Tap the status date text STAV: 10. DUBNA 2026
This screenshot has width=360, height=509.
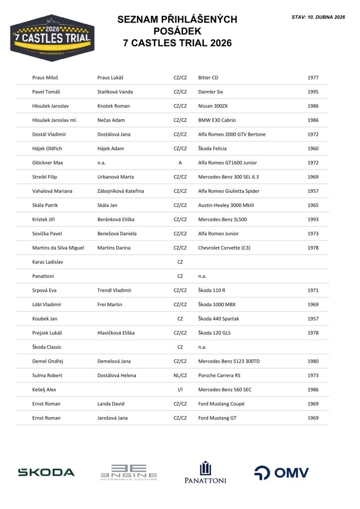click(318, 17)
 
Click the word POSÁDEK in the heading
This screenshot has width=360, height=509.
click(177, 31)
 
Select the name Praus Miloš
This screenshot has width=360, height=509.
click(45, 78)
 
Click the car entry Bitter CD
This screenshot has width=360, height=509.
click(208, 78)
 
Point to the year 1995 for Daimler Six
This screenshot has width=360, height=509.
click(313, 92)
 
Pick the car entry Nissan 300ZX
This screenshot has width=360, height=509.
click(213, 106)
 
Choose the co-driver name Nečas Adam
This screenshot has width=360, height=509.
click(111, 120)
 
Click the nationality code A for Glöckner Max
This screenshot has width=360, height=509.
click(180, 163)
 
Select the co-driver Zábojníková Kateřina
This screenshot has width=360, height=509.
click(121, 191)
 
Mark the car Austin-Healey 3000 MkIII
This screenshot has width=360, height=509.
click(226, 205)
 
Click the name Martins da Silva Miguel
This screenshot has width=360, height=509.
click(58, 248)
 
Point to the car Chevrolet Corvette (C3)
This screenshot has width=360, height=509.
click(224, 248)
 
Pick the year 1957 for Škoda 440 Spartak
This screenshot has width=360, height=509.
click(313, 319)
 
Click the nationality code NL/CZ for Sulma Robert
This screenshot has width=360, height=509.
click(180, 375)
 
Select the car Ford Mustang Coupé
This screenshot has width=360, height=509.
click(221, 404)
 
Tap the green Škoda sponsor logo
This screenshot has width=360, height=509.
click(46, 472)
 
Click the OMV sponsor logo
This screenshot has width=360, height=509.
click(281, 473)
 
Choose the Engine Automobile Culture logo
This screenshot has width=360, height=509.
click(129, 472)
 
